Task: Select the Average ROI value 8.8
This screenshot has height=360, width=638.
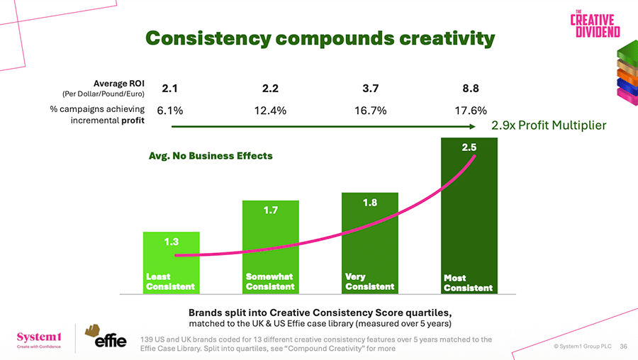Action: click(471, 89)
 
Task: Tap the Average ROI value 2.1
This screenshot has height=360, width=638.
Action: click(169, 89)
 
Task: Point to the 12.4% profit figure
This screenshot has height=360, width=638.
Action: click(269, 111)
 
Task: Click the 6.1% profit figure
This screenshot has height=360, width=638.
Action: click(170, 111)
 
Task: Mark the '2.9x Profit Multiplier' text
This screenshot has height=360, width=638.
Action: click(549, 125)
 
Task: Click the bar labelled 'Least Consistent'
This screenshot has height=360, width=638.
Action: click(170, 262)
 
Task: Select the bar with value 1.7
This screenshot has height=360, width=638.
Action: click(269, 241)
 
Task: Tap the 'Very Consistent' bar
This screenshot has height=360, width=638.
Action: click(369, 244)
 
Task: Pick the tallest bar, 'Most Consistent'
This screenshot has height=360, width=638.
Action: click(469, 213)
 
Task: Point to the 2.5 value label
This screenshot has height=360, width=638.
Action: click(469, 147)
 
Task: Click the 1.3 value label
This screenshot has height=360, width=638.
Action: click(171, 242)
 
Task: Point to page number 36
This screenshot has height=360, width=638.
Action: click(624, 347)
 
